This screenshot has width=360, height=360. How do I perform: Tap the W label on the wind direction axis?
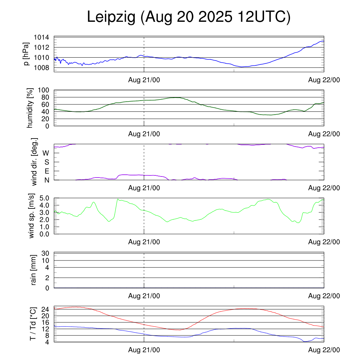[x=46, y=153]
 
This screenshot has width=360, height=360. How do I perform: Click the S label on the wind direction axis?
[x=46, y=162]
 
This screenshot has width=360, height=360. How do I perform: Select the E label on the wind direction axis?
[x=46, y=171]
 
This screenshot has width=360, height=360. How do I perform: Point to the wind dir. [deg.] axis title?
[x=35, y=162]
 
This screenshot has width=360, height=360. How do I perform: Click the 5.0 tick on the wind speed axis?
[x=44, y=198]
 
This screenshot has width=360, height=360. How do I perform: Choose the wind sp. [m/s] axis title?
[x=32, y=216]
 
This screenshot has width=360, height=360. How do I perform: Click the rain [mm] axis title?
[x=34, y=270]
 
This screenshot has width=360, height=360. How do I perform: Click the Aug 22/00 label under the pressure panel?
[x=324, y=81]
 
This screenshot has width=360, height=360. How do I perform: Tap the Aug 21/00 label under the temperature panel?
[x=144, y=350]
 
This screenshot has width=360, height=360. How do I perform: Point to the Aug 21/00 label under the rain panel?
[x=144, y=296]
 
